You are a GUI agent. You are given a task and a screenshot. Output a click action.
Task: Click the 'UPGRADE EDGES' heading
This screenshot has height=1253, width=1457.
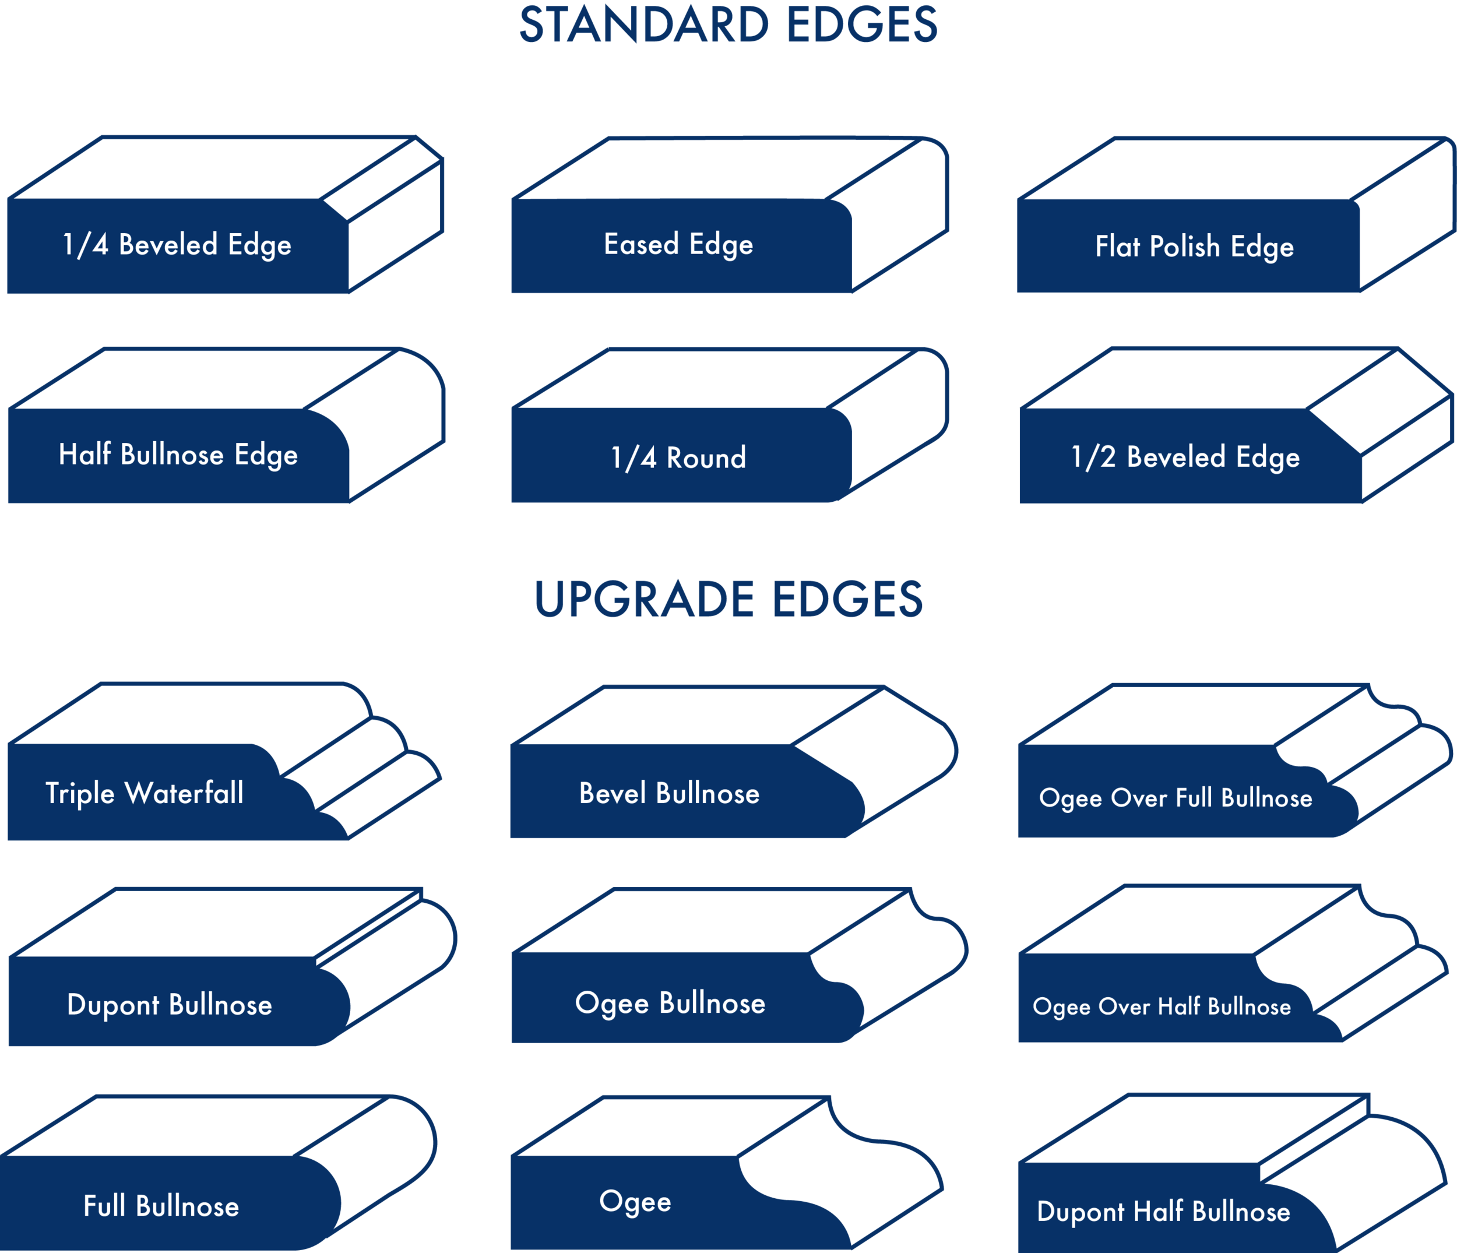pos(728,600)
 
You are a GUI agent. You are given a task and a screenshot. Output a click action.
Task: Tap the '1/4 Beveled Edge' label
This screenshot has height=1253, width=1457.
pos(177,245)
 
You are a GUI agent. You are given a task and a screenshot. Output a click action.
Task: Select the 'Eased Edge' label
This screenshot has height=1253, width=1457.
pos(678,245)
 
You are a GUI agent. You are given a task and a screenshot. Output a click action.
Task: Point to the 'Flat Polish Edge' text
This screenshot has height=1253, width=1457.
pos(1194,247)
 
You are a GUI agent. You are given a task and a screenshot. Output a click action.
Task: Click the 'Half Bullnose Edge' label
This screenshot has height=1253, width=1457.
pos(178,455)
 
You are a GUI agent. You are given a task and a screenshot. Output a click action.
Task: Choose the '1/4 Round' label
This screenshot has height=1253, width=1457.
pos(678,457)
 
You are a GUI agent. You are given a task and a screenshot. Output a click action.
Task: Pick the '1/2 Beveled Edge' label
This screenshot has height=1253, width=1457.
pos(1185,457)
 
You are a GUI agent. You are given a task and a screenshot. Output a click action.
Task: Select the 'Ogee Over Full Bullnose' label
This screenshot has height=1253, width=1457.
pos(1176,798)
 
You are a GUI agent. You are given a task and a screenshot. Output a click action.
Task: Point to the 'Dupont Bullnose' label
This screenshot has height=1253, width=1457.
pos(170,1005)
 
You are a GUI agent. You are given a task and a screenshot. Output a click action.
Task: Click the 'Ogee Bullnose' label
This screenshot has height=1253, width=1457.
pos(670,1004)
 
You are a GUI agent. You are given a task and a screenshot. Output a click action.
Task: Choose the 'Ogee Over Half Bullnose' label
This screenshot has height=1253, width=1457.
pos(1162,1007)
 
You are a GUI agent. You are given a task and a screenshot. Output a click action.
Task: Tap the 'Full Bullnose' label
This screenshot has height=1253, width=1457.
pos(161,1206)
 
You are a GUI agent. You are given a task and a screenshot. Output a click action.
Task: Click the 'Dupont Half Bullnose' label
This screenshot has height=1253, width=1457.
pos(1164,1212)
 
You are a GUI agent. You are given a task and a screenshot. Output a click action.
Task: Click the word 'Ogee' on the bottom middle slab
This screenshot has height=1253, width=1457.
pos(635,1202)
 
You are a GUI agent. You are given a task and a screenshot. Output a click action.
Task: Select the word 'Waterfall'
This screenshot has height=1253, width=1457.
pos(184,793)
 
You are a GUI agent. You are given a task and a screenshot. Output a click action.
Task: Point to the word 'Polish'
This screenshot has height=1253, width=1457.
pos(1185,247)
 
